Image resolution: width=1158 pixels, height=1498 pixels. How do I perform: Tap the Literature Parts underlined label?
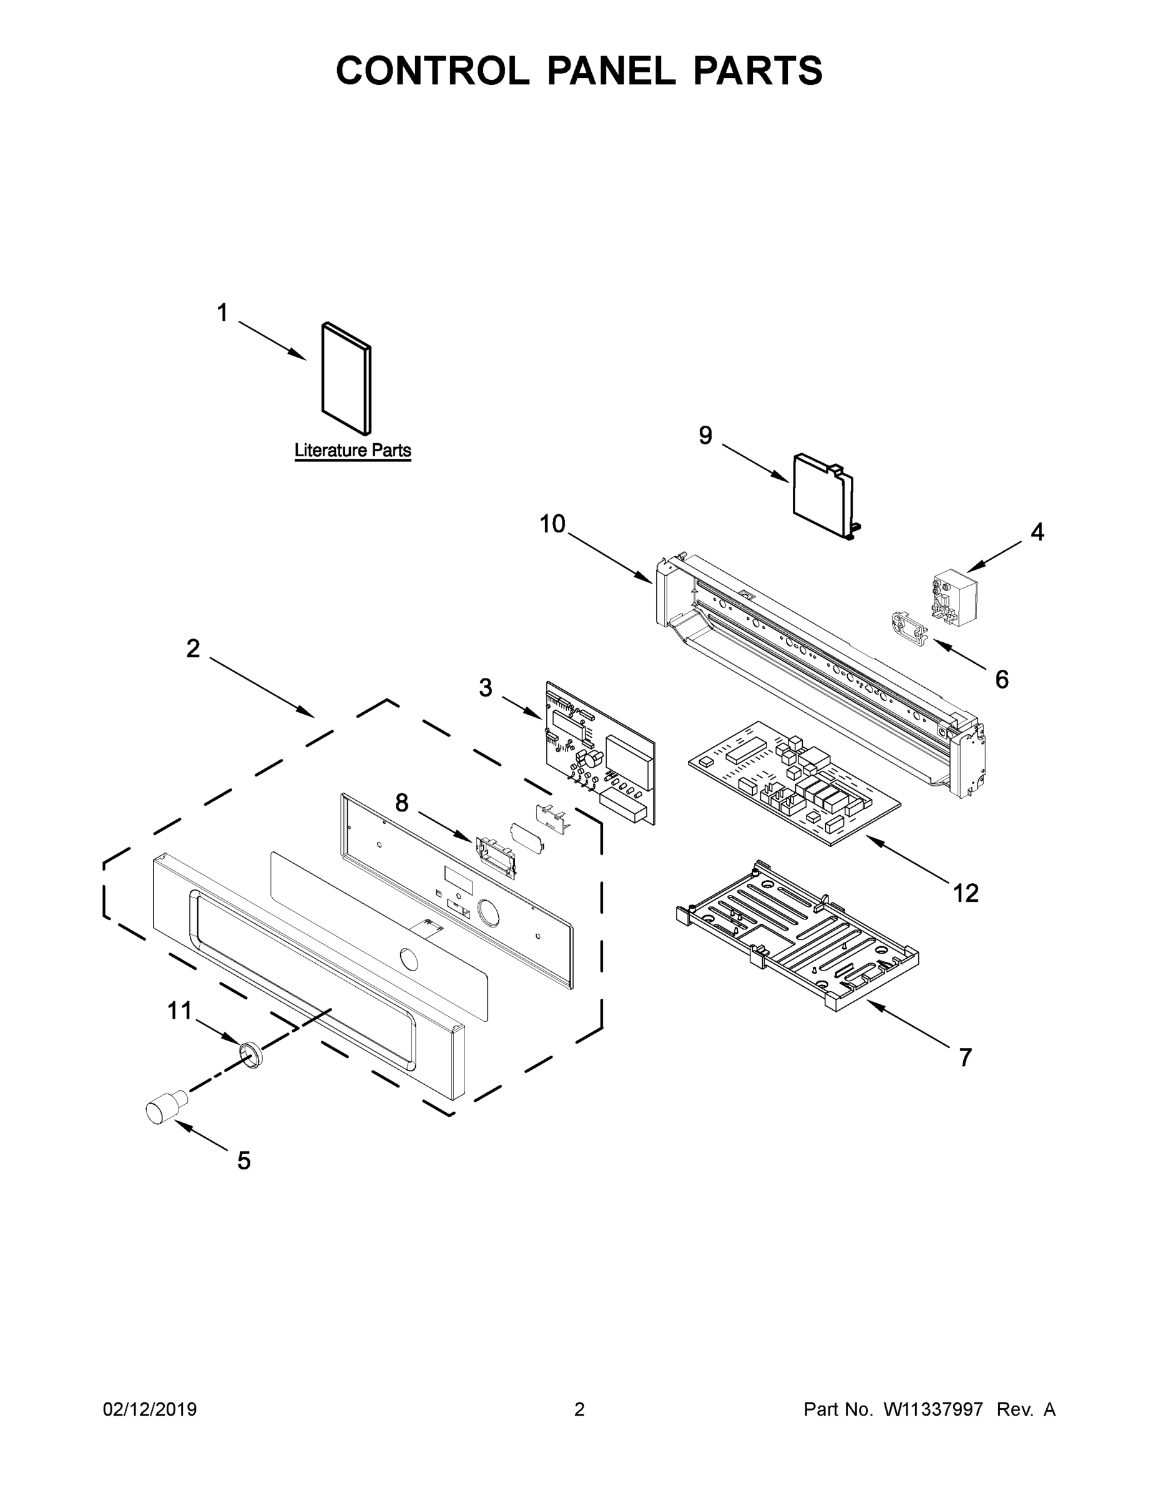pos(353,451)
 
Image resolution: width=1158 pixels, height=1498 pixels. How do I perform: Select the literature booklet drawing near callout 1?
pos(346,379)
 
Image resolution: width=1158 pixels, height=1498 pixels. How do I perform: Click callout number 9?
pos(706,436)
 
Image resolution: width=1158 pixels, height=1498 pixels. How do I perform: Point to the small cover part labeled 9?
pos(820,494)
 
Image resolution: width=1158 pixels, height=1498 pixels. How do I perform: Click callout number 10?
pos(552,524)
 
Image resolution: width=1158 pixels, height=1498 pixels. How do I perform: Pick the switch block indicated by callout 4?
pos(954,597)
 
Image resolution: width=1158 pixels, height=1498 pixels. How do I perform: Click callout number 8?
pos(401,803)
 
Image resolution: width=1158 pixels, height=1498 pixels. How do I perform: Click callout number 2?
pos(194,648)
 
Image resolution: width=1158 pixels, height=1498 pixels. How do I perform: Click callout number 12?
pos(965,893)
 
